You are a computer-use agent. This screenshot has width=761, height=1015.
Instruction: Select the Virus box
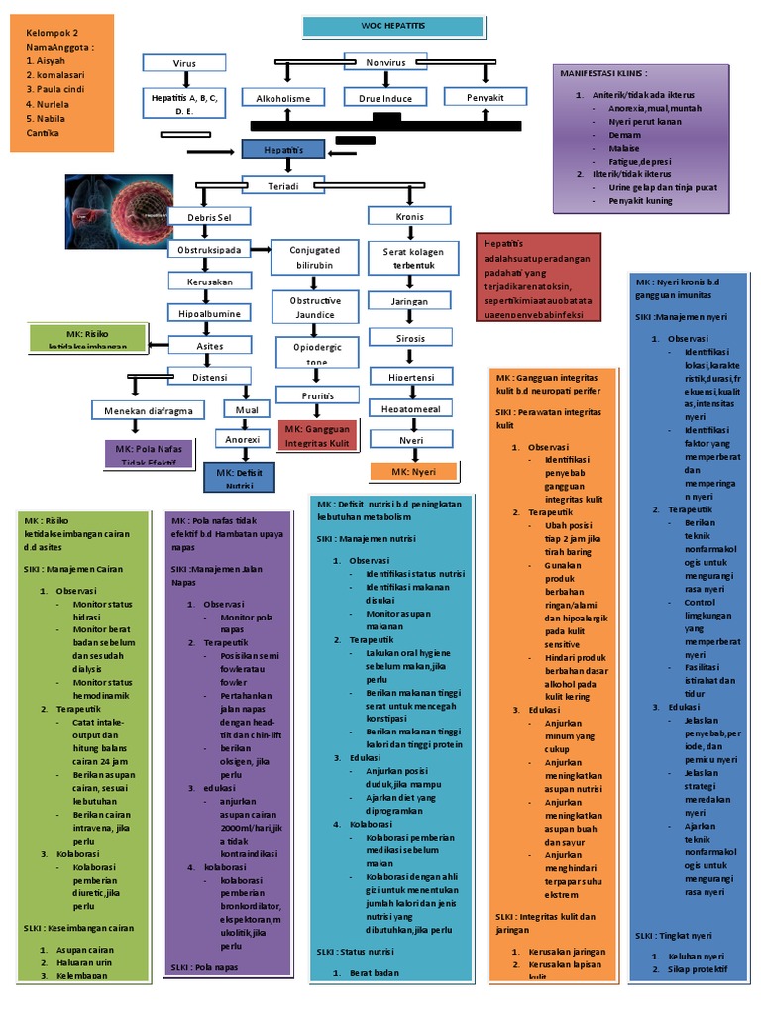[185, 63]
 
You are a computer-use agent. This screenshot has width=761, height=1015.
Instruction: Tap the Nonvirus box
[386, 61]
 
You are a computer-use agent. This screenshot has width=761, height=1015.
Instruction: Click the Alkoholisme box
[283, 98]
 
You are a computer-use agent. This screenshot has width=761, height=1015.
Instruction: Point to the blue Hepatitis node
[283, 150]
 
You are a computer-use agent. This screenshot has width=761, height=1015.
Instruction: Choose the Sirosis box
[409, 338]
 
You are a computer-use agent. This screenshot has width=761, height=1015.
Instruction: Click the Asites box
[209, 345]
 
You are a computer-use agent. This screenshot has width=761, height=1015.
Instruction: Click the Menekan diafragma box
[149, 410]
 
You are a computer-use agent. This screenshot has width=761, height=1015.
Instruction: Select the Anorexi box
[243, 438]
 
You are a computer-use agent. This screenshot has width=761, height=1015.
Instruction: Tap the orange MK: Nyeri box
[413, 471]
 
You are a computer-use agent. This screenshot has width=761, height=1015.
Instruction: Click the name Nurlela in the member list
[45, 103]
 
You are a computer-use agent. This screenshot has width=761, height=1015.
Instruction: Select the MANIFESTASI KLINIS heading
[604, 73]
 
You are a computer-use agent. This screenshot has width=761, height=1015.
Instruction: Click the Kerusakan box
[209, 282]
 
